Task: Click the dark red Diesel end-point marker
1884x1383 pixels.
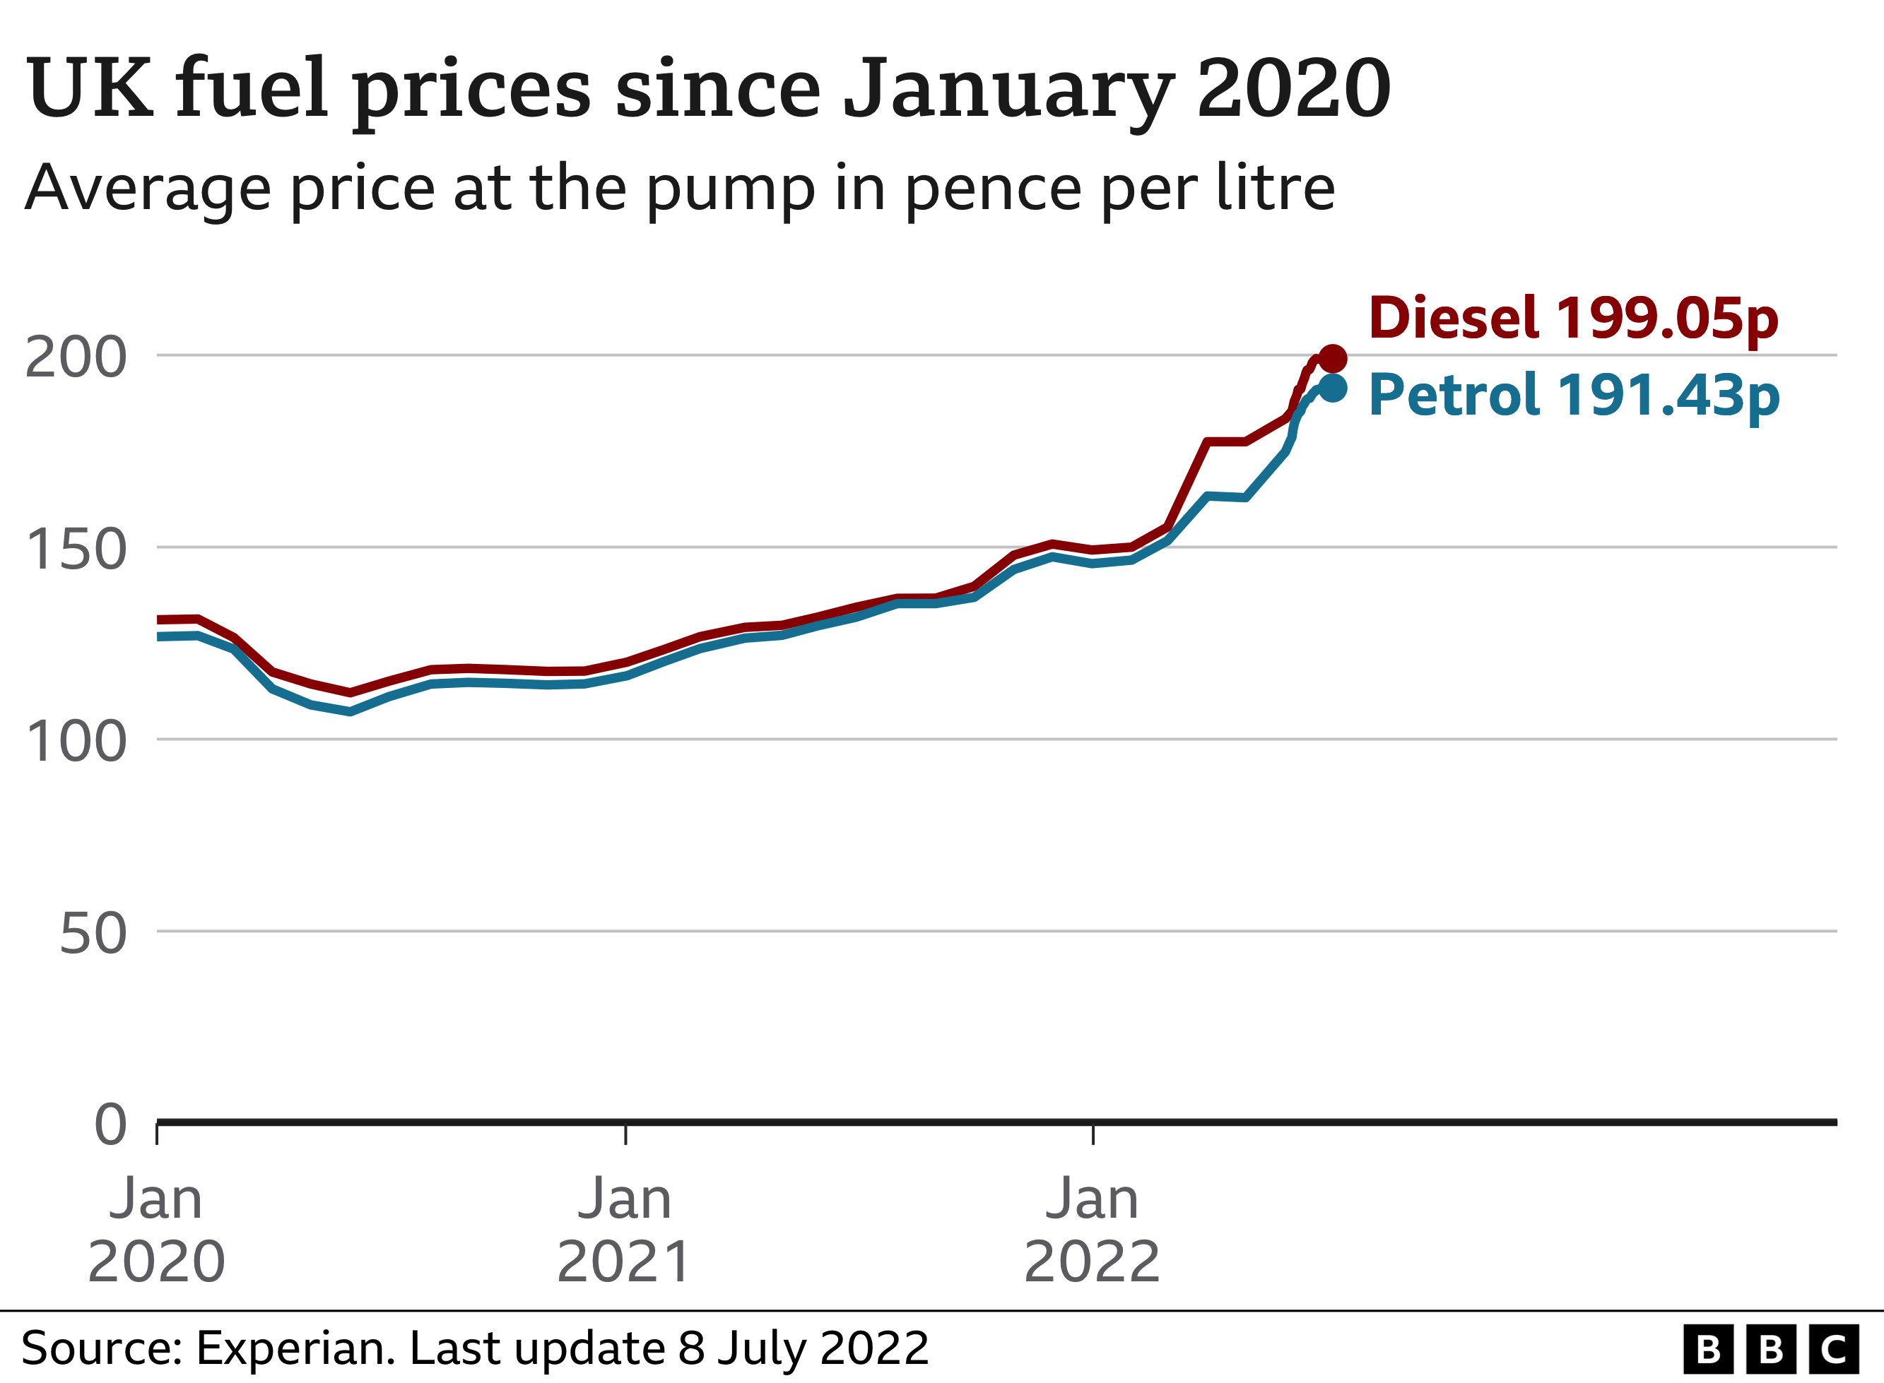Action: [1332, 358]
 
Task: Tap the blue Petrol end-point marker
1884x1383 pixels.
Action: [1332, 388]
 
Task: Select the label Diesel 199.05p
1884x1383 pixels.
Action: [1572, 319]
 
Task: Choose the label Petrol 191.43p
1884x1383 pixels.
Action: [1573, 395]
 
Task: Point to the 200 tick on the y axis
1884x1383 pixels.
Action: [76, 357]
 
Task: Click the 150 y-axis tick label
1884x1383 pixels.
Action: [76, 550]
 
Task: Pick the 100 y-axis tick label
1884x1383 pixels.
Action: [76, 742]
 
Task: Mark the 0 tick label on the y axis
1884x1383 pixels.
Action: [110, 1124]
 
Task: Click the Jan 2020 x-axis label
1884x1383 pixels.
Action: [157, 1230]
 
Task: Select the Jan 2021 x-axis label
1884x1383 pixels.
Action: [625, 1230]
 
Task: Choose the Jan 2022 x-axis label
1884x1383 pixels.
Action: [1092, 1230]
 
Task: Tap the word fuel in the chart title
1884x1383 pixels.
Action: [250, 87]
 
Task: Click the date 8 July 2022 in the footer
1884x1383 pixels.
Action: [803, 1348]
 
